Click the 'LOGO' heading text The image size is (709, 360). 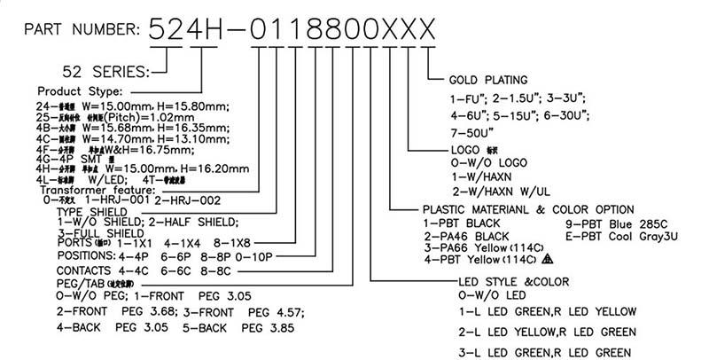click(x=464, y=151)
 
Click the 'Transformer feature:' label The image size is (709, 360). click(x=97, y=190)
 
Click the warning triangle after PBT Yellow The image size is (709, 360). click(x=547, y=260)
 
